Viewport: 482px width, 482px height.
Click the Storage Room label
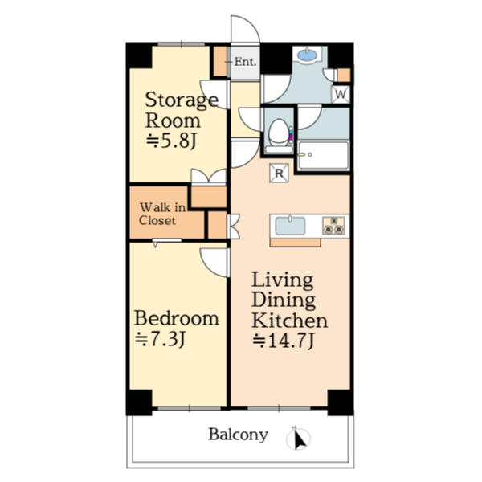[181, 111]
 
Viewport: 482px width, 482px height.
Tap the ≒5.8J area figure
[172, 141]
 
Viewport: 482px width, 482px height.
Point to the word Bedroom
[176, 318]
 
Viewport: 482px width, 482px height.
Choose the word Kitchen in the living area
[290, 321]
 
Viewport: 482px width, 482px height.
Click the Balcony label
[238, 435]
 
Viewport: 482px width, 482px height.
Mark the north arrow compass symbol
[300, 439]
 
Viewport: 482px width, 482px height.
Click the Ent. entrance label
[245, 61]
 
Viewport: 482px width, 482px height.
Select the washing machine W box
[341, 95]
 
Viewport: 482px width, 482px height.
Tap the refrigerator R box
[279, 171]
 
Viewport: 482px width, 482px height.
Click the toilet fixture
[278, 133]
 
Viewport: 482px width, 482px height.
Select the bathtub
[323, 156]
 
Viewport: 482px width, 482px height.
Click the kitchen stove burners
[333, 226]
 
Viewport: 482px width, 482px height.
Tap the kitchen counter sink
[290, 226]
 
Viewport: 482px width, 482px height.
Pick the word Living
[282, 280]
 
